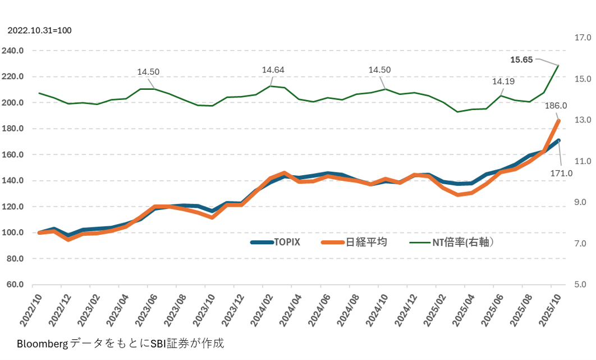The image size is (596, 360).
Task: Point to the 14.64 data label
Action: click(x=273, y=70)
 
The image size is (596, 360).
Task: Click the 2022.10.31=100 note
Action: click(x=39, y=30)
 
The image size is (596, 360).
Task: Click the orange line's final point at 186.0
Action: click(x=558, y=120)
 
